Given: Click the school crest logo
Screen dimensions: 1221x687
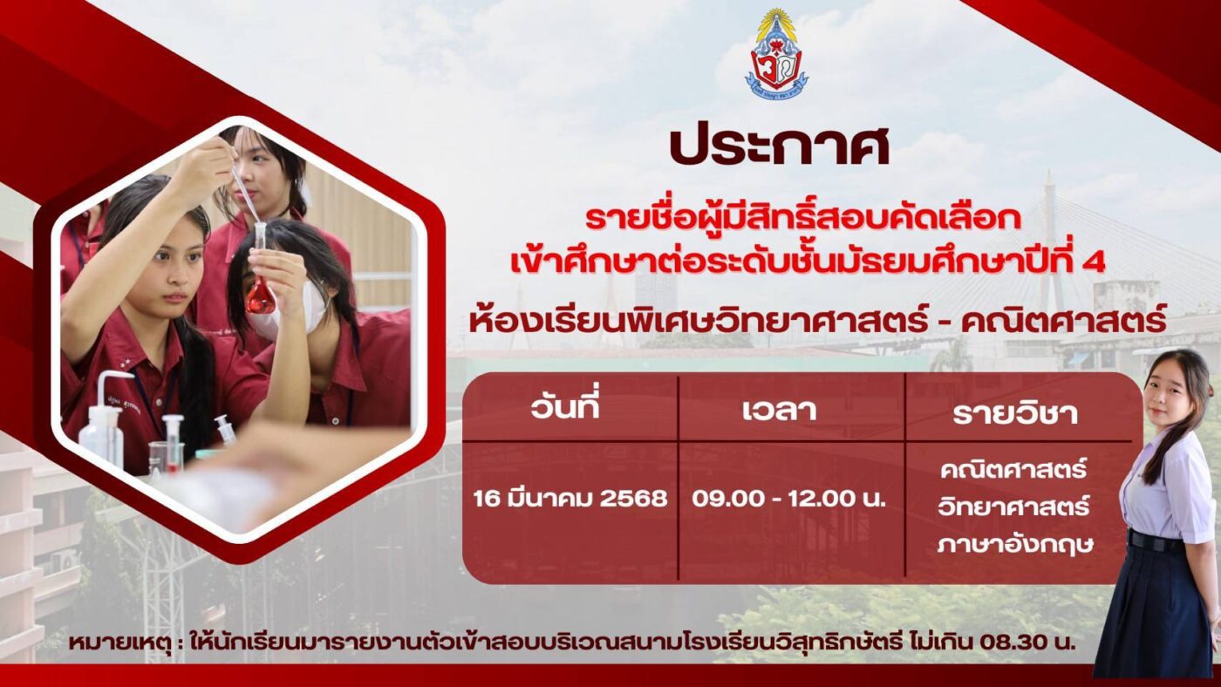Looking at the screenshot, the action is tap(776, 54).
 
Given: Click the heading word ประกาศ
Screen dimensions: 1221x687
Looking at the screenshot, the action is tap(780, 146).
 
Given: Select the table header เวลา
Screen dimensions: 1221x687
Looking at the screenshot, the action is tap(779, 410).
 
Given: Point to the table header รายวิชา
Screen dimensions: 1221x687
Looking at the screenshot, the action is tap(1015, 413).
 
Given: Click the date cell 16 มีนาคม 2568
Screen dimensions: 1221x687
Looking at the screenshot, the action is tap(570, 498).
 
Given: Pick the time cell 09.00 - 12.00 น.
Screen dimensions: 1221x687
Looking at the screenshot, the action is tap(788, 499).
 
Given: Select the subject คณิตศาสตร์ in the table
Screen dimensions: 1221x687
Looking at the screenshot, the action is tap(1013, 469).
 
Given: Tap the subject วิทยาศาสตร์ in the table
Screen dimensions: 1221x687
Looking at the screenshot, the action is tap(1013, 507).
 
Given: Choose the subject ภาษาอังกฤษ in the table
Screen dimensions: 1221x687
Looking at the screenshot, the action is tap(1015, 544).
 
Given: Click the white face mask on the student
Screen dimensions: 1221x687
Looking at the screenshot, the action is tap(289, 312).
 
